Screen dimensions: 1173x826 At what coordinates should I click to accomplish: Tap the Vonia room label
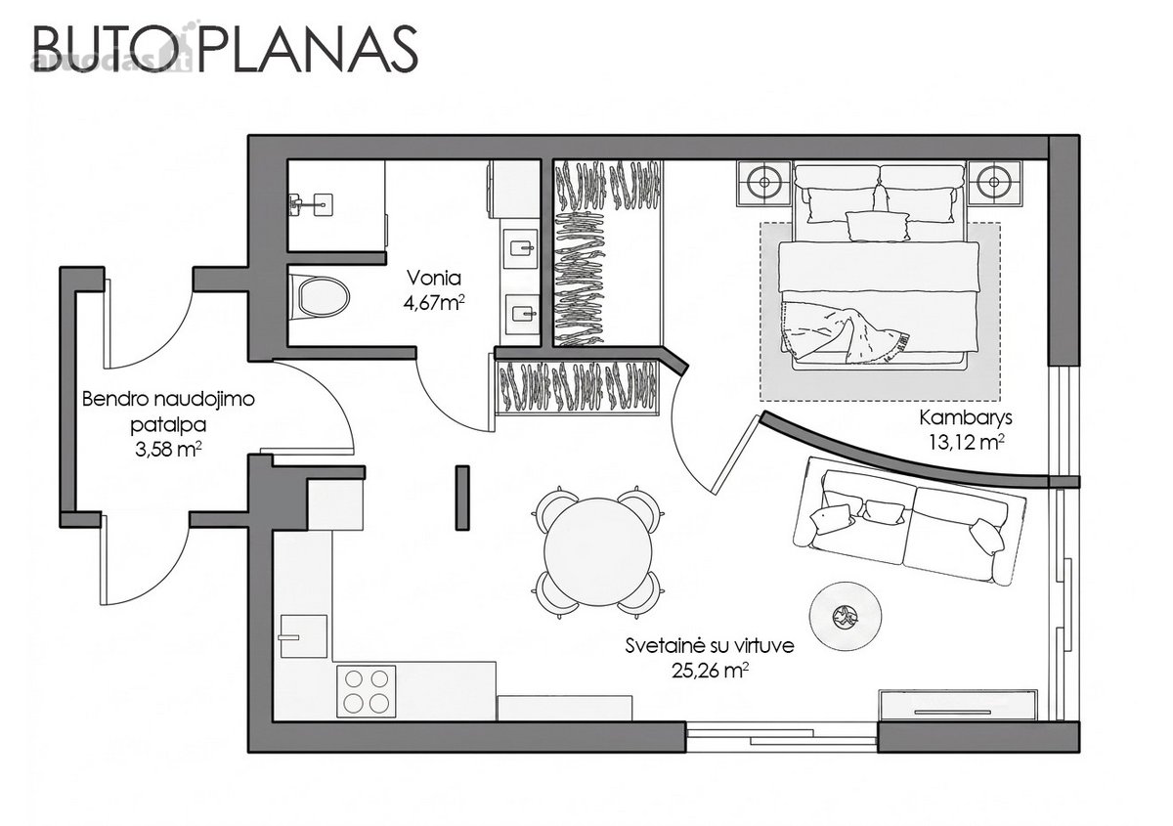point(434,279)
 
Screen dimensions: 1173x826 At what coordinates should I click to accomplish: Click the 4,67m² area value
point(434,303)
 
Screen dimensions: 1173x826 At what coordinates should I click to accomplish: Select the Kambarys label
point(966,418)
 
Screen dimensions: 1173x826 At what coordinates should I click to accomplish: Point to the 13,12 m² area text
point(966,443)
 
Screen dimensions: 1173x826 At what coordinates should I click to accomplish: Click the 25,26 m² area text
point(710,671)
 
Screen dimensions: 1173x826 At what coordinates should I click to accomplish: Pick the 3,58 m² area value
point(168,450)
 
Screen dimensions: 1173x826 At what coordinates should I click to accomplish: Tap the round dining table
point(598,552)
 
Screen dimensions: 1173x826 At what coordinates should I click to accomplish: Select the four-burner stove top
point(366,691)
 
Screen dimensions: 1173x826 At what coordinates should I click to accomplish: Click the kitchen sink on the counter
point(304,636)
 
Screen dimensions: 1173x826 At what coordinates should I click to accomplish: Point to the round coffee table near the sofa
point(846,618)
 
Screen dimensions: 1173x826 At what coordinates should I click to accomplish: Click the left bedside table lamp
point(764,182)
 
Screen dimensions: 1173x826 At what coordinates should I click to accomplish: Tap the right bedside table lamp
point(994,182)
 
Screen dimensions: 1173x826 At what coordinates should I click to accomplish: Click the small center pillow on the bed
point(877,226)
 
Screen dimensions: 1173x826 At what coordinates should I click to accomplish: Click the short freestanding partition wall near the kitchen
point(461,498)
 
